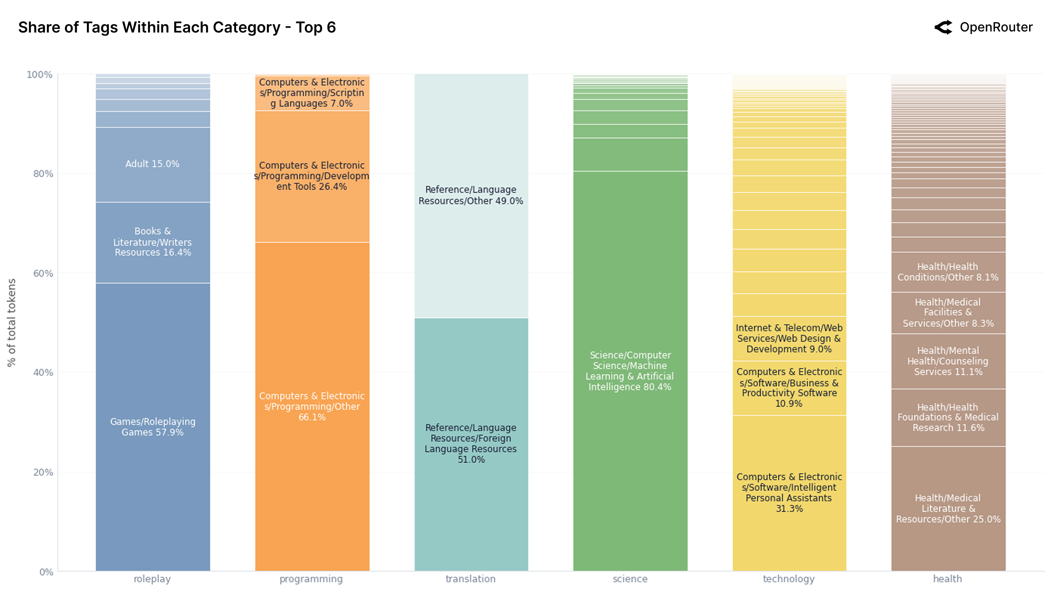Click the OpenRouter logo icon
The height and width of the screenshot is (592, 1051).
point(943,27)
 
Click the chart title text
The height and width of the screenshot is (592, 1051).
point(177,27)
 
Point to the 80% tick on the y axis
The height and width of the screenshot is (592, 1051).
point(43,174)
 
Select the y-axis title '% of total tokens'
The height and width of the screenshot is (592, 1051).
point(11,322)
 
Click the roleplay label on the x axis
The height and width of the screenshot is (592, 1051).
point(152,578)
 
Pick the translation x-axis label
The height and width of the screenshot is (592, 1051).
point(470,578)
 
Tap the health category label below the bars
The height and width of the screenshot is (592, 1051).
point(947,578)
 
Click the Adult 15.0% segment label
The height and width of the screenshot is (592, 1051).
point(152,164)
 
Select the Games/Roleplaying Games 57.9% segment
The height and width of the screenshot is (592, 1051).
point(153,427)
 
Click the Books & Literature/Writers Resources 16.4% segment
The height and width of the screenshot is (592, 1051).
point(153,242)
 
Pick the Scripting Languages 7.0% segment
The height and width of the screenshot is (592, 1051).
point(312,93)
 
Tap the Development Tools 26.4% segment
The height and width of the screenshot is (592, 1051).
point(312,176)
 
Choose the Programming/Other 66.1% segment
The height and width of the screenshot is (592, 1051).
point(312,406)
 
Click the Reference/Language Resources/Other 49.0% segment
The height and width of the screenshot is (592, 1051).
point(470,195)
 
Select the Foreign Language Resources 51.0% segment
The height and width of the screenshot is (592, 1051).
point(470,443)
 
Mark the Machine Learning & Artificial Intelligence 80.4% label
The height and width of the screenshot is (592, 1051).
point(629,371)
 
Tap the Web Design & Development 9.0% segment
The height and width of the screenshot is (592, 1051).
point(789,338)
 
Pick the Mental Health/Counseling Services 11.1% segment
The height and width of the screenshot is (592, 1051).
point(948,361)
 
